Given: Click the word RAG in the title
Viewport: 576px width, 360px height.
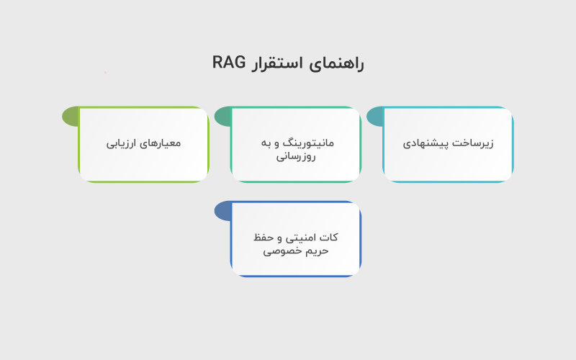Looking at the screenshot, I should pyautogui.click(x=230, y=63).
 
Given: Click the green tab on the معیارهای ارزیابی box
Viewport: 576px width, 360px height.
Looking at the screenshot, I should pyautogui.click(x=70, y=116).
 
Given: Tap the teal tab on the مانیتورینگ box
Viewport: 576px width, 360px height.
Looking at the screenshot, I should pyautogui.click(x=222, y=116).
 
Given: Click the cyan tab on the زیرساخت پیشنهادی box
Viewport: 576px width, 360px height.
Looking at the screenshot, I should pyautogui.click(x=375, y=116).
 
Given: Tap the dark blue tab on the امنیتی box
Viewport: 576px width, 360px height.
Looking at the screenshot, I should pyautogui.click(x=222, y=211).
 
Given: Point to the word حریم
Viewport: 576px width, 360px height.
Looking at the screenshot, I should pyautogui.click(x=317, y=251).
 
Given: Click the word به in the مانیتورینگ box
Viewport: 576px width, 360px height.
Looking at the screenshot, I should pyautogui.click(x=266, y=143).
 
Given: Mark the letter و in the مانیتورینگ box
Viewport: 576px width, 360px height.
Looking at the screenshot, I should pyautogui.click(x=279, y=143).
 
